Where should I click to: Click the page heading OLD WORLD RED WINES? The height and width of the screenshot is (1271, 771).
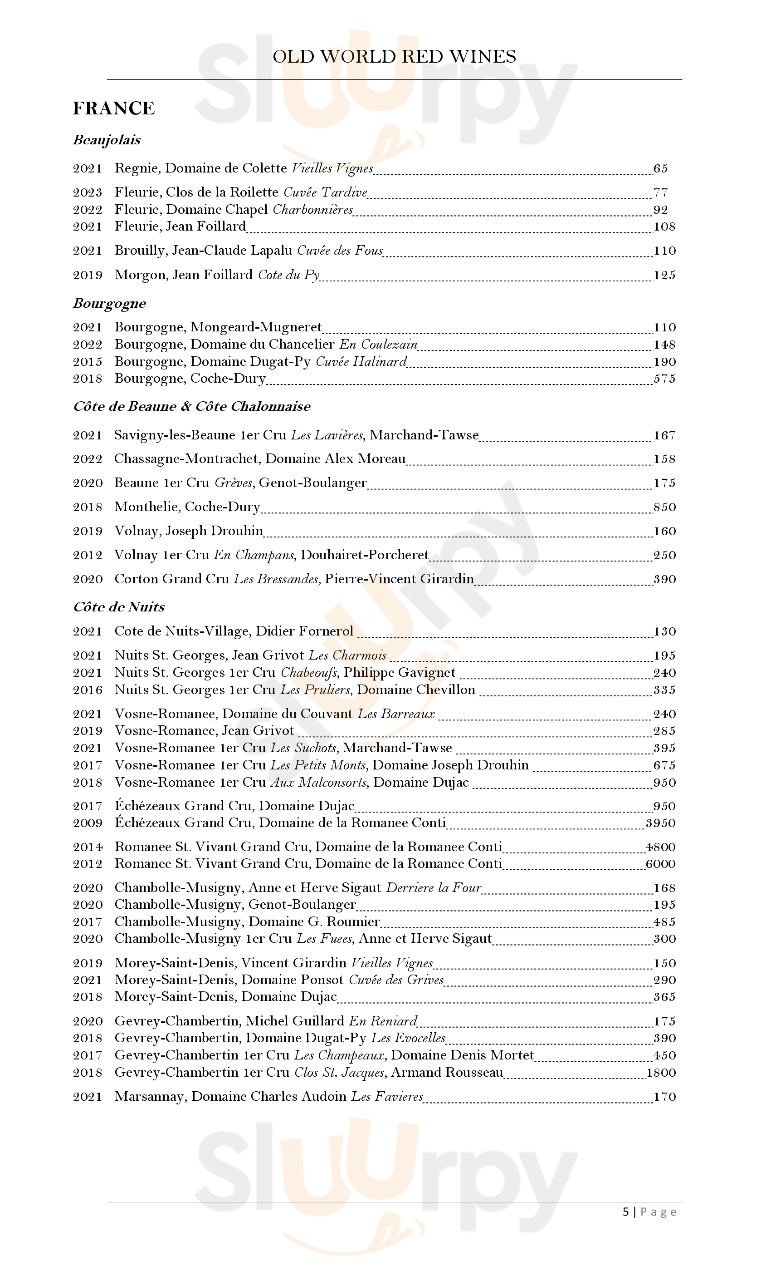(x=394, y=56)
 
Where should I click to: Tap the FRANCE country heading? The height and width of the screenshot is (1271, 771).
(x=114, y=108)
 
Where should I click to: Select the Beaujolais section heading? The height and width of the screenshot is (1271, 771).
(x=107, y=140)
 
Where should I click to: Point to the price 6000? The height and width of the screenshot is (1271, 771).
(x=660, y=863)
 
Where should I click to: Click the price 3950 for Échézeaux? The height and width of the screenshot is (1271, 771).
(x=660, y=823)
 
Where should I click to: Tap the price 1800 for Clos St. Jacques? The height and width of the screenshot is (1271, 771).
(x=661, y=1072)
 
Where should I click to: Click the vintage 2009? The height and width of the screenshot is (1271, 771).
(x=88, y=823)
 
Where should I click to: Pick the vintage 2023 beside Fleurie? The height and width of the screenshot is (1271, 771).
(x=88, y=192)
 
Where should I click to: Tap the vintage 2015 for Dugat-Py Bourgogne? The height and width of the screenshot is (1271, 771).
(x=88, y=362)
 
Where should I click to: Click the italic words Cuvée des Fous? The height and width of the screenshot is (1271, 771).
(x=340, y=251)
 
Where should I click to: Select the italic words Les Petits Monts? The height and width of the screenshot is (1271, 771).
(x=318, y=765)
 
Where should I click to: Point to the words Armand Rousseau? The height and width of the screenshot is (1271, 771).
(x=447, y=1072)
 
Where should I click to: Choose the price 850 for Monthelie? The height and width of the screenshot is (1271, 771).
(x=664, y=507)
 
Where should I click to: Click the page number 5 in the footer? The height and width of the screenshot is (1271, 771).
(x=626, y=1212)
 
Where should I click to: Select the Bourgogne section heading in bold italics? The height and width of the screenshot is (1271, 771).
(x=109, y=303)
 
